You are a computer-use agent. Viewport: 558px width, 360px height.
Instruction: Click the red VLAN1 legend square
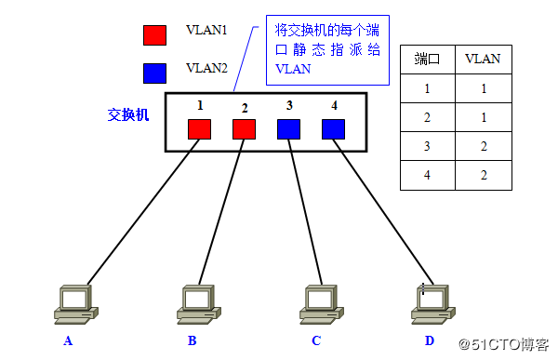pyautogui.click(x=154, y=35)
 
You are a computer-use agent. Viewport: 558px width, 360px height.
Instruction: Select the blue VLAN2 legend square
pyautogui.click(x=154, y=73)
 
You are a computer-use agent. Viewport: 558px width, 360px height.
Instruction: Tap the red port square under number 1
pyautogui.click(x=199, y=129)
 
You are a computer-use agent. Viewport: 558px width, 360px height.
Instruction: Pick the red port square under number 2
pyautogui.click(x=244, y=129)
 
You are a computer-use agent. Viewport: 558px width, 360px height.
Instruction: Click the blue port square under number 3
pyautogui.click(x=288, y=129)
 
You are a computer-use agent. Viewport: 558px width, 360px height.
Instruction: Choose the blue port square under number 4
pyautogui.click(x=333, y=129)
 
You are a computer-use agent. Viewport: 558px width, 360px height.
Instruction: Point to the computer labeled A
pyautogui.click(x=73, y=302)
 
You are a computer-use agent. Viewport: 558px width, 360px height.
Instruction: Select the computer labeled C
pyautogui.click(x=322, y=302)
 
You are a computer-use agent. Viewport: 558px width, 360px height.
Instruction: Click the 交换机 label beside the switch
pyautogui.click(x=127, y=115)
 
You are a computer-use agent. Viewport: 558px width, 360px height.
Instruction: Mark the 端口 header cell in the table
pyautogui.click(x=427, y=60)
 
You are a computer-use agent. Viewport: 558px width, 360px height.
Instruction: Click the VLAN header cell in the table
pyautogui.click(x=483, y=60)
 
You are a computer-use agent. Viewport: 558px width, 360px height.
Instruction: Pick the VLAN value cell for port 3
pyautogui.click(x=483, y=147)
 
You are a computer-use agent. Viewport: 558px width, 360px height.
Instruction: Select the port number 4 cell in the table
pyautogui.click(x=427, y=175)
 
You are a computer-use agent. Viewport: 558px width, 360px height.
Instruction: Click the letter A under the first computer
pyautogui.click(x=68, y=340)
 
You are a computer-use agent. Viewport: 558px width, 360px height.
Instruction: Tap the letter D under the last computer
pyautogui.click(x=430, y=340)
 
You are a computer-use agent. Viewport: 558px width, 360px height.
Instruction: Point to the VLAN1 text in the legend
pyautogui.click(x=206, y=30)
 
